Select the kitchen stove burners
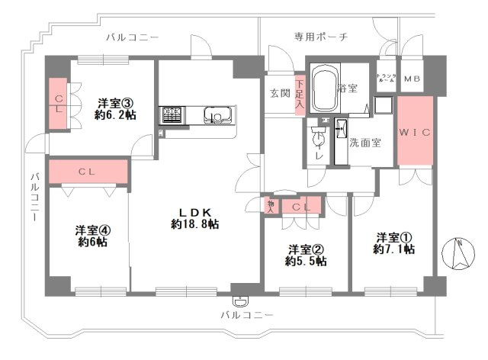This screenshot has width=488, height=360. (171, 116)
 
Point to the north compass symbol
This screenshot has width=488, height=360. (460, 255)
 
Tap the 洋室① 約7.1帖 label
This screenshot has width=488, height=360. (393, 243)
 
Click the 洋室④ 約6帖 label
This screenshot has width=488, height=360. (91, 236)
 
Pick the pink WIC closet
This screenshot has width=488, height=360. (415, 132)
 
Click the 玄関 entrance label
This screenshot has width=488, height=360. (279, 93)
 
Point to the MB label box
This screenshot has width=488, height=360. (412, 79)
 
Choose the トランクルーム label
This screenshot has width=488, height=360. (386, 79)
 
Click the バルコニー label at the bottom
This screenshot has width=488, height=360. (246, 314)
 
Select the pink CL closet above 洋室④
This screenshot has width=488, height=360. (86, 172)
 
